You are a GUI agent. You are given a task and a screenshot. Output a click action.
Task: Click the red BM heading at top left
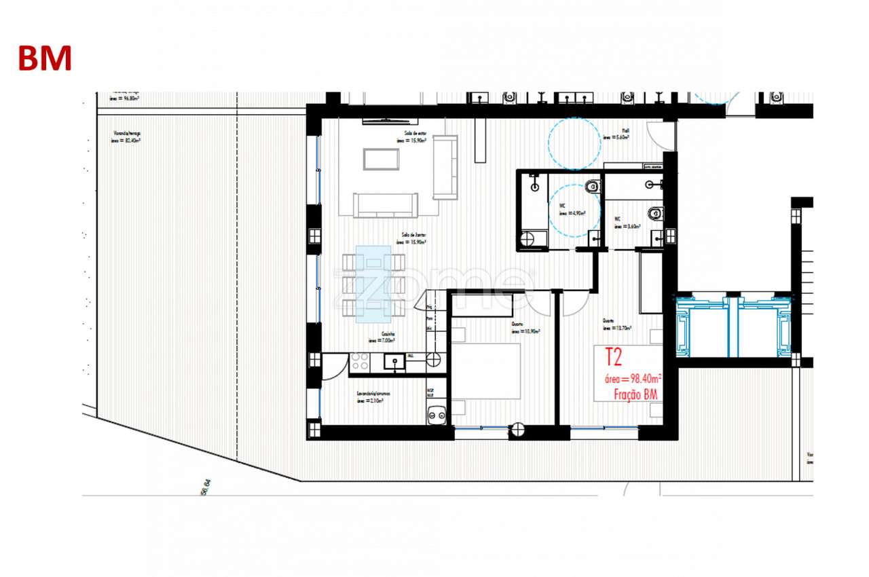coord(45,58)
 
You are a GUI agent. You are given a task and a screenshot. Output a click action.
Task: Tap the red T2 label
coord(614,357)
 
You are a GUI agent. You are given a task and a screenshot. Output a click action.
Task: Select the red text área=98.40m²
coord(629,378)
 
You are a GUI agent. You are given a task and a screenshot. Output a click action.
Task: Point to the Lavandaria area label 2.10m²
coord(373,397)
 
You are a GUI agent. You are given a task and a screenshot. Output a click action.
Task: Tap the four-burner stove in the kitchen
coord(360,362)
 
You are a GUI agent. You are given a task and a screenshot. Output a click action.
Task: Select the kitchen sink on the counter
coord(392,362)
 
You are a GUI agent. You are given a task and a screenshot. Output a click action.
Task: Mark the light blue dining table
coord(373,283)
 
